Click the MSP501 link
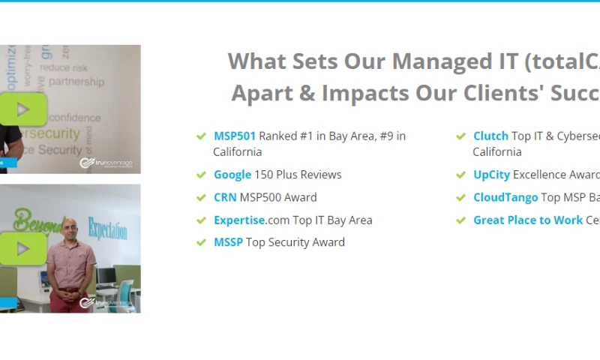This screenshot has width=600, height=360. click(235, 136)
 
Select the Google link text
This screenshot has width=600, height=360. click(232, 175)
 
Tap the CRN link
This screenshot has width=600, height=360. click(225, 197)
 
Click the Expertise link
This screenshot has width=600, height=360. click(238, 220)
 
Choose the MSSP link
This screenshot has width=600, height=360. click(228, 242)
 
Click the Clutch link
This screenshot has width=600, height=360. click(490, 136)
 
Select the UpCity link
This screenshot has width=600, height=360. click(491, 175)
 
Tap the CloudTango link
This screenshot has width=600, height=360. click(505, 197)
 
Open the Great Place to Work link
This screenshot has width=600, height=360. click(528, 220)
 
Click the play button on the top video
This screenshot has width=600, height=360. click(22, 109)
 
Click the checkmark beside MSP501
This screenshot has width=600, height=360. click(201, 136)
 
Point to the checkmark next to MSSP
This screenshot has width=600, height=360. click(201, 243)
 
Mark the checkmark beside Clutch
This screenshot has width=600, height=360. click(460, 136)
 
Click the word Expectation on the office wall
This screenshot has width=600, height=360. click(107, 228)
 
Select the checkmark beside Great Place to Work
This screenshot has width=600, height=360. click(460, 220)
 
